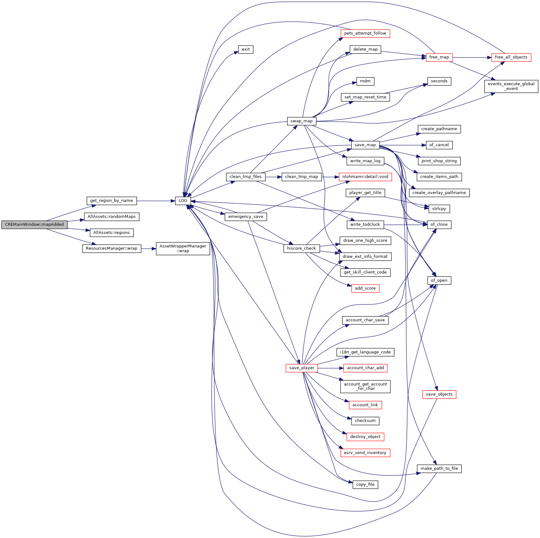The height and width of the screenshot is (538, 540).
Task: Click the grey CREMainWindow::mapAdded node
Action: point(34,225)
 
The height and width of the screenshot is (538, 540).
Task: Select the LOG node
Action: point(183,201)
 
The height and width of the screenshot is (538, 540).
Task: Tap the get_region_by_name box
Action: point(112,201)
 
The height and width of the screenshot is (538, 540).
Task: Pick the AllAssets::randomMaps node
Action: point(112,217)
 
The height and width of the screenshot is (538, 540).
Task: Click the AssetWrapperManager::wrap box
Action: point(183,248)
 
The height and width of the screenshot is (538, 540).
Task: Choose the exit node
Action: point(246,49)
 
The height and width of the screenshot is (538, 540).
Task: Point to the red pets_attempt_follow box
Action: point(365,33)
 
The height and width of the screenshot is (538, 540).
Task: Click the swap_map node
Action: point(301,121)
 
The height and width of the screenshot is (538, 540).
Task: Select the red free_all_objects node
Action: point(511,57)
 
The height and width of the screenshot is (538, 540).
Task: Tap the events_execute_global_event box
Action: point(511,86)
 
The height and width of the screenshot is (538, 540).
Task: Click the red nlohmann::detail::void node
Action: point(365,177)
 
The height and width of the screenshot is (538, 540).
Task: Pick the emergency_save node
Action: point(246,217)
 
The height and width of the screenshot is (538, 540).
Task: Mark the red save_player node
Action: point(302,368)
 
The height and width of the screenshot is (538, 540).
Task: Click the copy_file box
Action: point(365,485)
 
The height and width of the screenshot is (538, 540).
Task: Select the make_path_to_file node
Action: point(439,469)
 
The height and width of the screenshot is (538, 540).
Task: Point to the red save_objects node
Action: point(439,394)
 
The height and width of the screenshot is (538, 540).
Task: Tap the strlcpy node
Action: point(439,209)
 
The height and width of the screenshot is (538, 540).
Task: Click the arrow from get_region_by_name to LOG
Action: point(156,201)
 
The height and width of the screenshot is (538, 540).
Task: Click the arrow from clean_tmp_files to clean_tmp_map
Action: point(273,177)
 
